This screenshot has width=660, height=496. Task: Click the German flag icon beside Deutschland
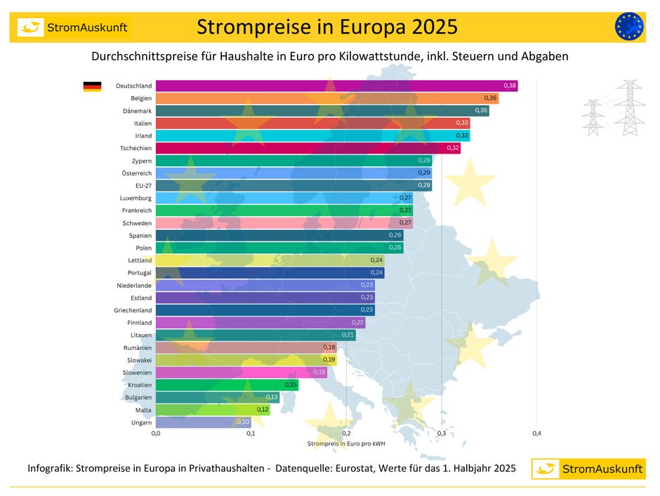pos(92,86)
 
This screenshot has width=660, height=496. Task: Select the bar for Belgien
pos(326,98)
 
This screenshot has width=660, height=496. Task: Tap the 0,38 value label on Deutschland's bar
pos(510,86)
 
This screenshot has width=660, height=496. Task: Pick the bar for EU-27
pos(293,185)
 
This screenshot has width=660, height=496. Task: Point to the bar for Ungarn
pos(203,422)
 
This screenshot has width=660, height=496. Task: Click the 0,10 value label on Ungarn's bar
pos(243,422)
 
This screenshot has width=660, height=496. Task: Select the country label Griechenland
pos(133,310)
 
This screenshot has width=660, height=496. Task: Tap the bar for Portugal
pos(270,273)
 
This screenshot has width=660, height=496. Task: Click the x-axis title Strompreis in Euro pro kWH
pos(346,444)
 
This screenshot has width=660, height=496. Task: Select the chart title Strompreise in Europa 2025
pos(327,27)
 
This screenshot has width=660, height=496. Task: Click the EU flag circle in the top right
pos(628,27)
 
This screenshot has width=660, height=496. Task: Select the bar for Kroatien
pos(227,384)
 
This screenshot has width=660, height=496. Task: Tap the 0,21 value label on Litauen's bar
pos(348,335)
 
